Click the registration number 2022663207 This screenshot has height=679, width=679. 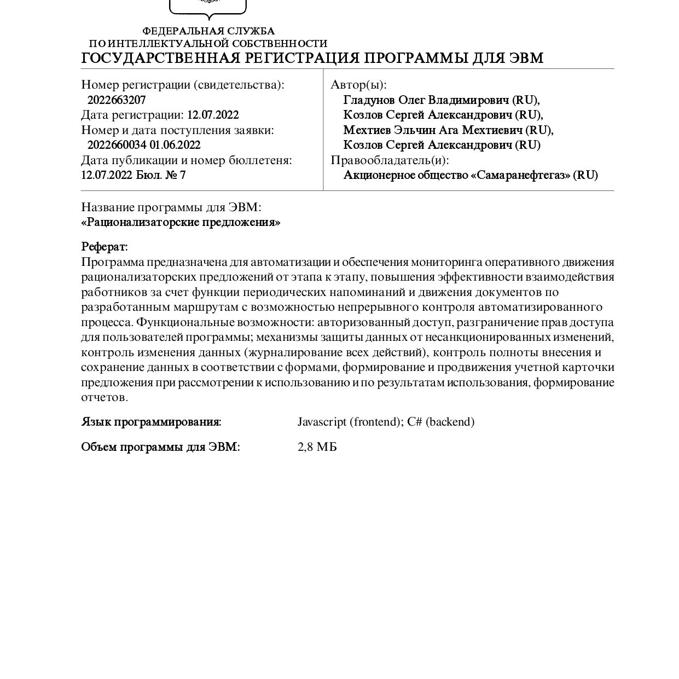[x=117, y=100]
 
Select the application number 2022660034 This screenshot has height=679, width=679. [x=117, y=145]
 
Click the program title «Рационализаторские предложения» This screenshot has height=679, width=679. [x=181, y=223]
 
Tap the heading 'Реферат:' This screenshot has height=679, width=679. [x=105, y=247]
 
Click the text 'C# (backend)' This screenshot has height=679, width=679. [x=441, y=422]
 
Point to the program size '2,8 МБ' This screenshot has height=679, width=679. [x=317, y=447]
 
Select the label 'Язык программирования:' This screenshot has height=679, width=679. [x=151, y=422]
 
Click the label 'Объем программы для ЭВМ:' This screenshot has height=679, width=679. [x=160, y=447]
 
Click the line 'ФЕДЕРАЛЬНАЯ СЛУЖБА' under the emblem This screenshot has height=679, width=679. [x=208, y=31]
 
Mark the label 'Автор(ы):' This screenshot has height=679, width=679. [x=358, y=85]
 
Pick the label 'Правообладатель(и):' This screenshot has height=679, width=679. [x=390, y=160]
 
